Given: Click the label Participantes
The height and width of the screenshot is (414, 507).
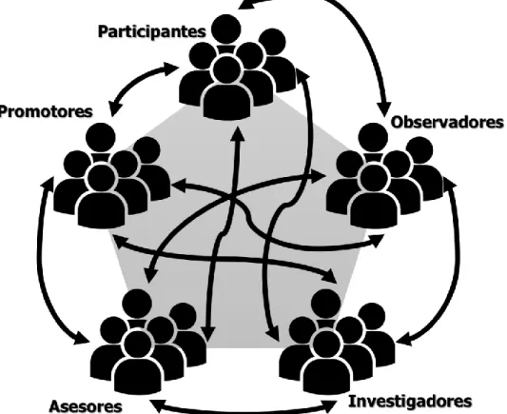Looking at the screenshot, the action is (151, 32).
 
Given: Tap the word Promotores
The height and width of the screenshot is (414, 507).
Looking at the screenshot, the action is (46, 112).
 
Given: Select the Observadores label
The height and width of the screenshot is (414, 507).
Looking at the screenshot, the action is (447, 122).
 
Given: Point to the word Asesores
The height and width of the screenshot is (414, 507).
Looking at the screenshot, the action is (86, 406).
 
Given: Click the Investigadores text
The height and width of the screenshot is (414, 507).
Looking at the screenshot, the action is (410, 402).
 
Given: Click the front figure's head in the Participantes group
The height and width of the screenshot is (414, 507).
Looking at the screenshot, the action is (227, 70).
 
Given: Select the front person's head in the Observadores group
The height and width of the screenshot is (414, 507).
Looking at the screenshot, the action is (374, 179).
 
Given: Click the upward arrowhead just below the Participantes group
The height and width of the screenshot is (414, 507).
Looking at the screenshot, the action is (239, 133).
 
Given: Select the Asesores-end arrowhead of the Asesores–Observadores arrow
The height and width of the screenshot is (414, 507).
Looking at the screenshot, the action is (149, 275).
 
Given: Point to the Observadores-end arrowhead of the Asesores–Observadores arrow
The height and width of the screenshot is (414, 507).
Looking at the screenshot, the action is (319, 176).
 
